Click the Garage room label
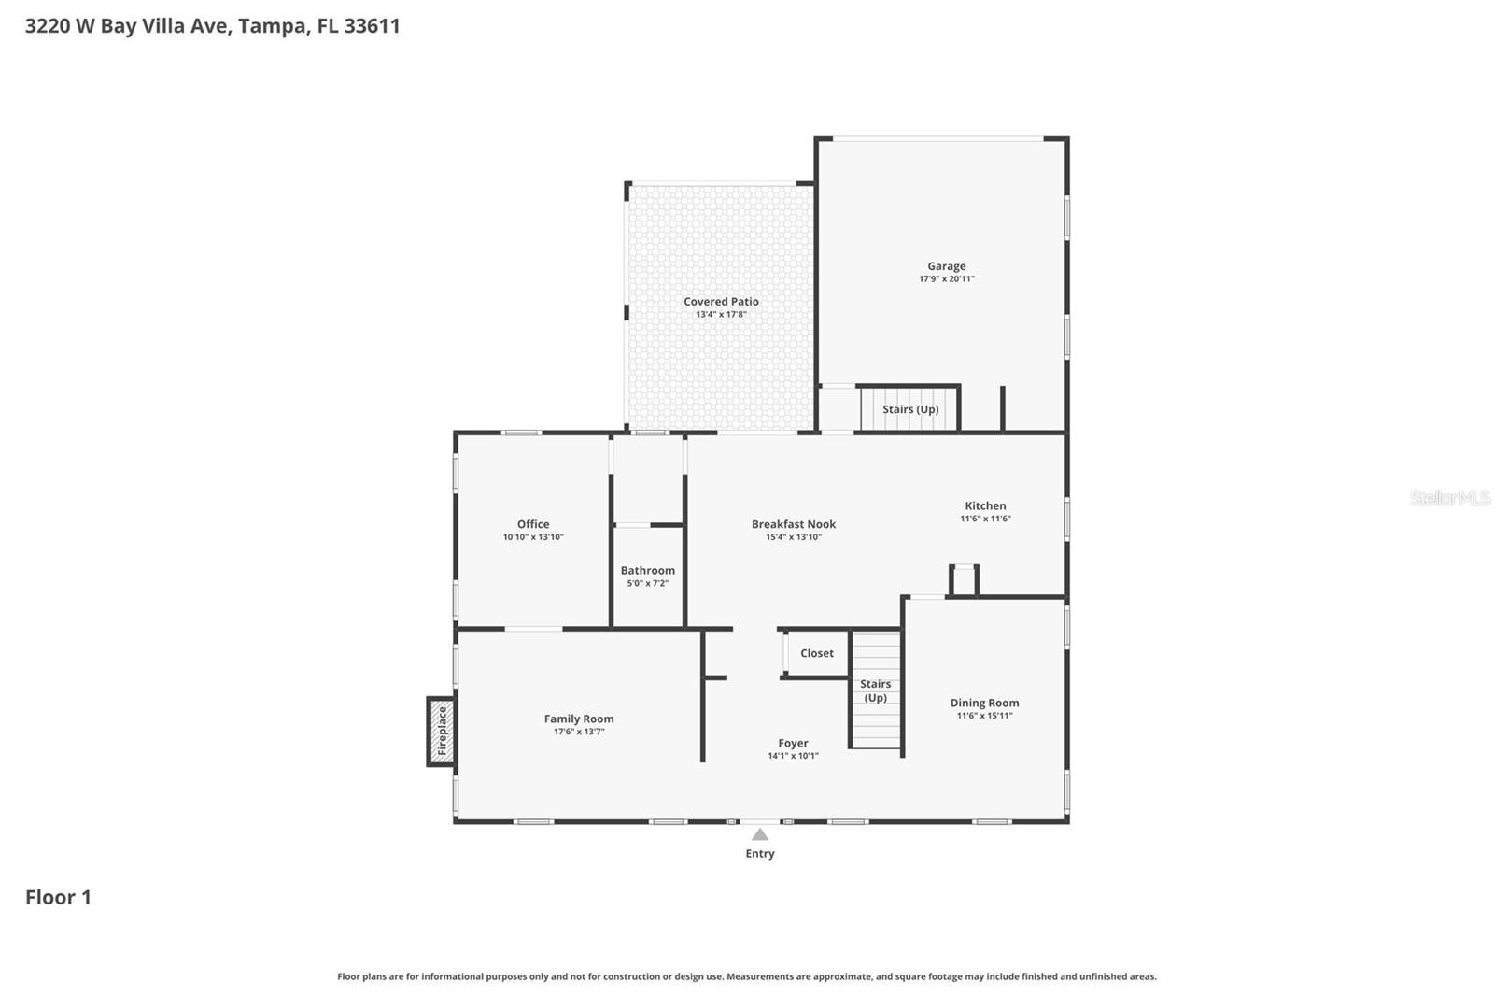click(x=946, y=266)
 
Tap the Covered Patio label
click(x=721, y=302)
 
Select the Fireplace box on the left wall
click(x=442, y=732)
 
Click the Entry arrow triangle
click(x=760, y=834)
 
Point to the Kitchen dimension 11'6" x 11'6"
click(x=985, y=519)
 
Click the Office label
click(x=533, y=524)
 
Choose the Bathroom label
click(x=647, y=570)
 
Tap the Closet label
click(x=816, y=653)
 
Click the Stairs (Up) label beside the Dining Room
click(x=875, y=690)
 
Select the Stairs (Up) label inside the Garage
click(x=910, y=409)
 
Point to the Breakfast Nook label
click(x=794, y=524)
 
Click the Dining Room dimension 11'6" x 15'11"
click(x=984, y=716)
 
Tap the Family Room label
click(x=579, y=719)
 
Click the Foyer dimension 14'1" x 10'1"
click(x=793, y=756)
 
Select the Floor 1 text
click(x=58, y=897)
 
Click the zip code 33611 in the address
click(x=372, y=25)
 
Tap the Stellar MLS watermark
click(x=1449, y=498)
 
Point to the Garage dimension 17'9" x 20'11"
click(x=946, y=279)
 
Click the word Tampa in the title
click(x=271, y=25)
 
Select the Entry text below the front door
click(x=760, y=854)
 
